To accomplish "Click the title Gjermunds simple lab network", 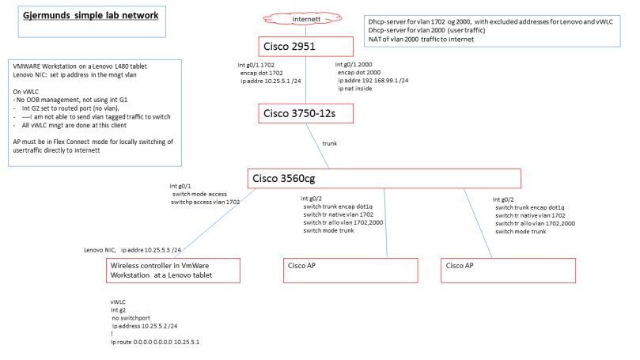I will point(90,15).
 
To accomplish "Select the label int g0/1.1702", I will point(260,63).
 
